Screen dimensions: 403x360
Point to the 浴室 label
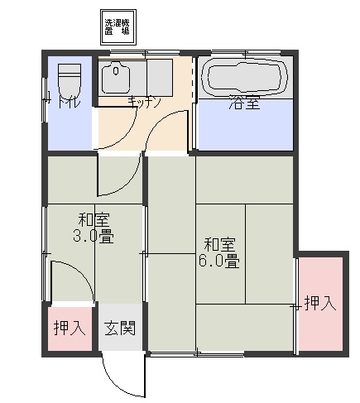tap(244, 104)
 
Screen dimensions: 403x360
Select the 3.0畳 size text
tap(93, 237)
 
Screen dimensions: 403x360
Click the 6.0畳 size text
tap(220, 261)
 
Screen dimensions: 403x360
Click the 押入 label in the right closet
tap(320, 304)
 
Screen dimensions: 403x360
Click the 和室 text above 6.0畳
tap(220, 244)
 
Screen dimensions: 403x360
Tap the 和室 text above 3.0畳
tap(94, 219)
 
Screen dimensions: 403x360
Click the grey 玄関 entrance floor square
tap(121, 331)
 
